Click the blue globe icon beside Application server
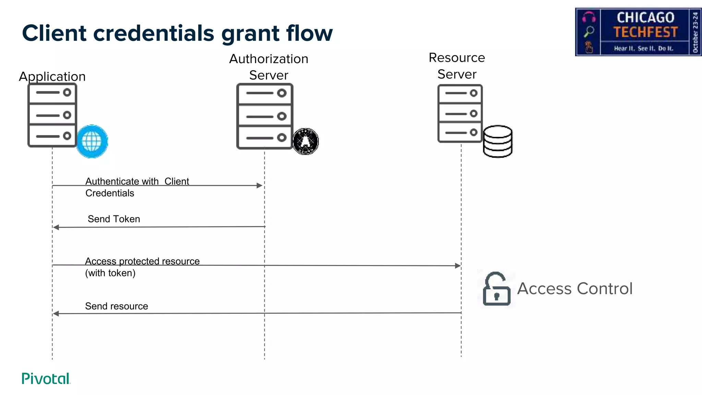click(x=92, y=141)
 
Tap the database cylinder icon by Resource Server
click(x=498, y=141)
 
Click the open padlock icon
click(x=496, y=289)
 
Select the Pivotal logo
click(x=46, y=379)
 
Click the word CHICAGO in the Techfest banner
click(x=645, y=17)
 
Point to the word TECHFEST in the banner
click(x=645, y=32)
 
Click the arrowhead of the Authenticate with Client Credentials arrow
click(x=259, y=185)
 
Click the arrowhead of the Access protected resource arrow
click(x=458, y=266)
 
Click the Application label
click(x=52, y=76)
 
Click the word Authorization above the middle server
click(x=269, y=59)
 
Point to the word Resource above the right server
click(x=457, y=58)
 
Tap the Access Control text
click(x=575, y=289)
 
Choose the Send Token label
click(x=114, y=219)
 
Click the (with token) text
click(x=110, y=273)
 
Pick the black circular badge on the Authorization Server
click(x=305, y=141)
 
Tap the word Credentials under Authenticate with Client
click(x=110, y=193)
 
